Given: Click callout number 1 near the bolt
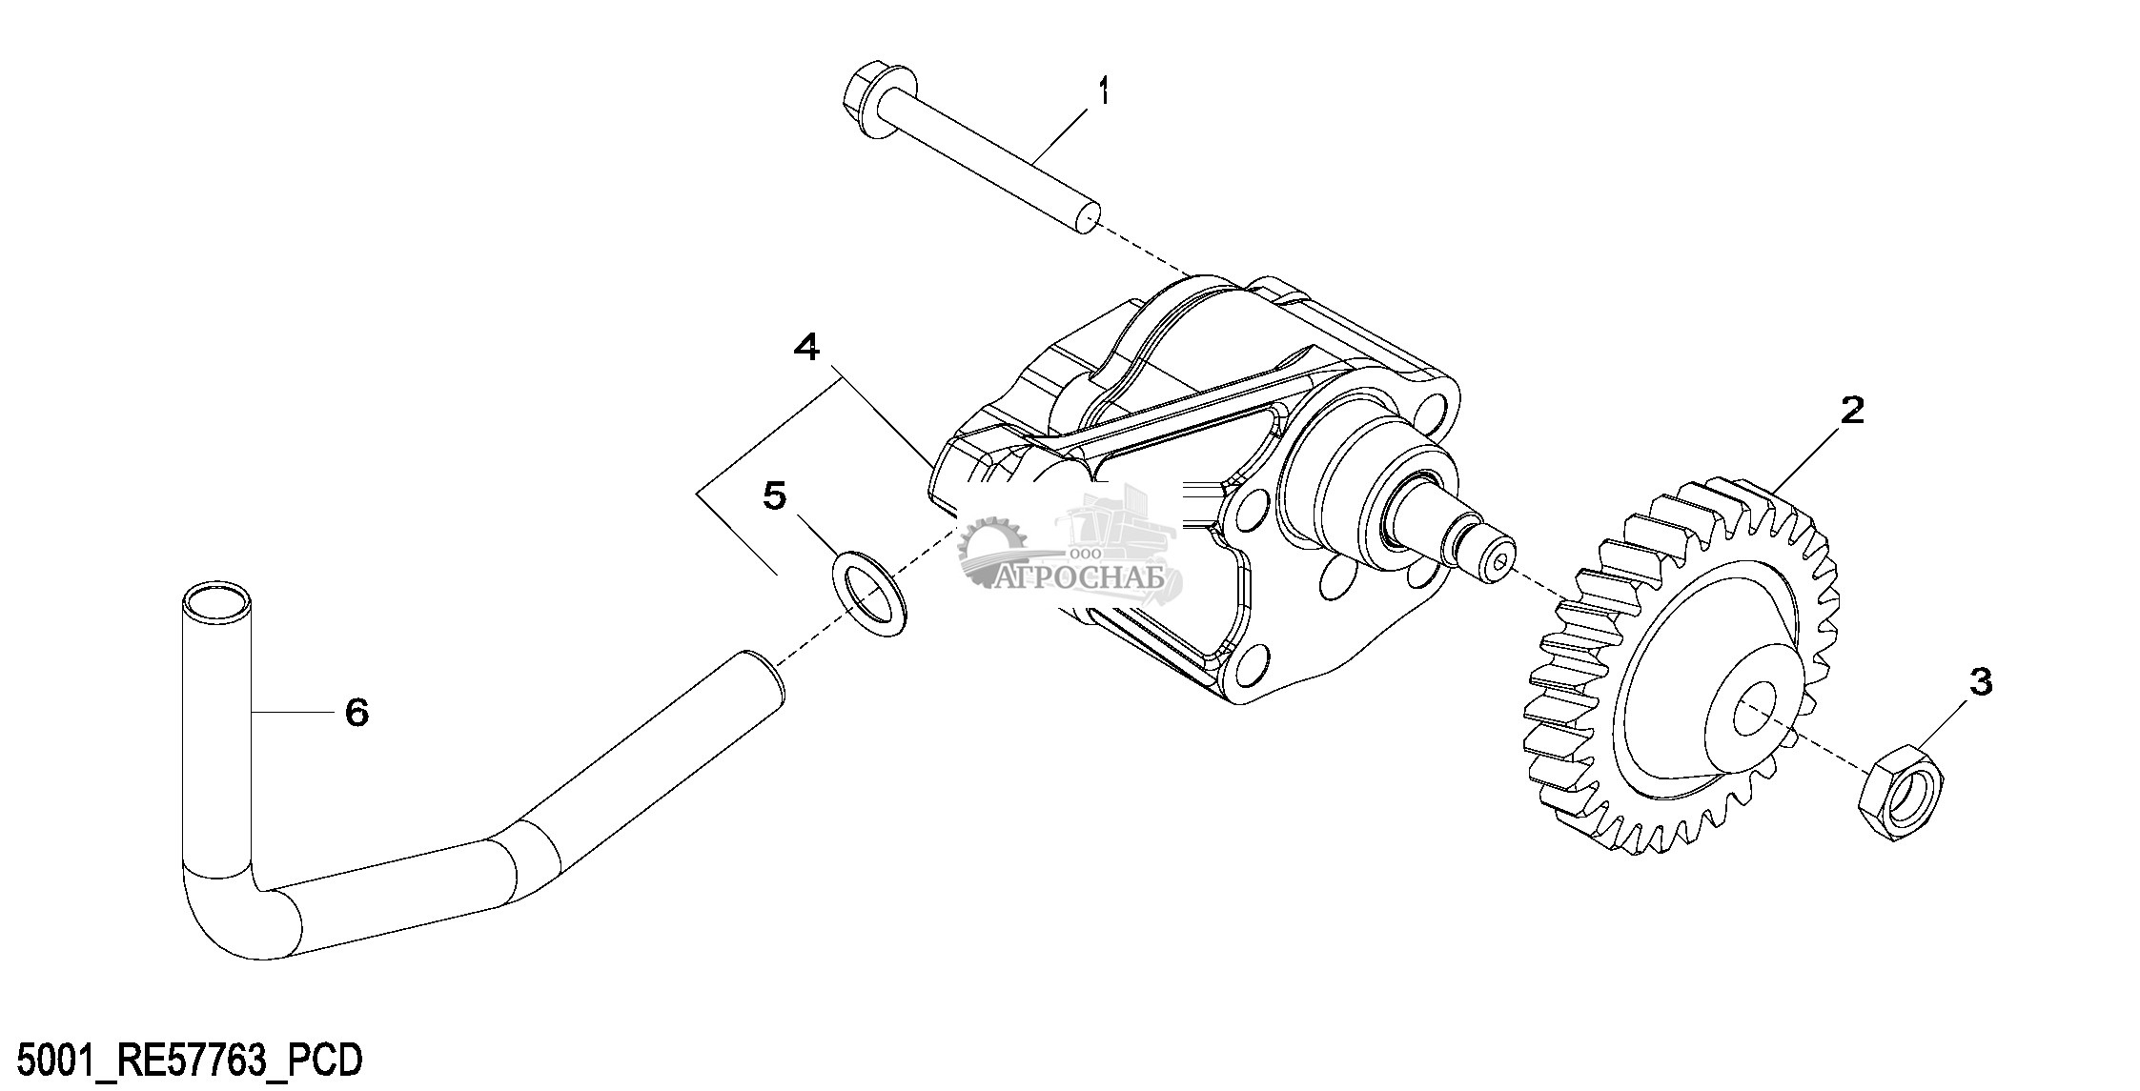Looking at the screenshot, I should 1103,92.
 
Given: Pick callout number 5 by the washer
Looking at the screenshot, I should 774,495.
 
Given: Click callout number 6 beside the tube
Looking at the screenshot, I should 357,712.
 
